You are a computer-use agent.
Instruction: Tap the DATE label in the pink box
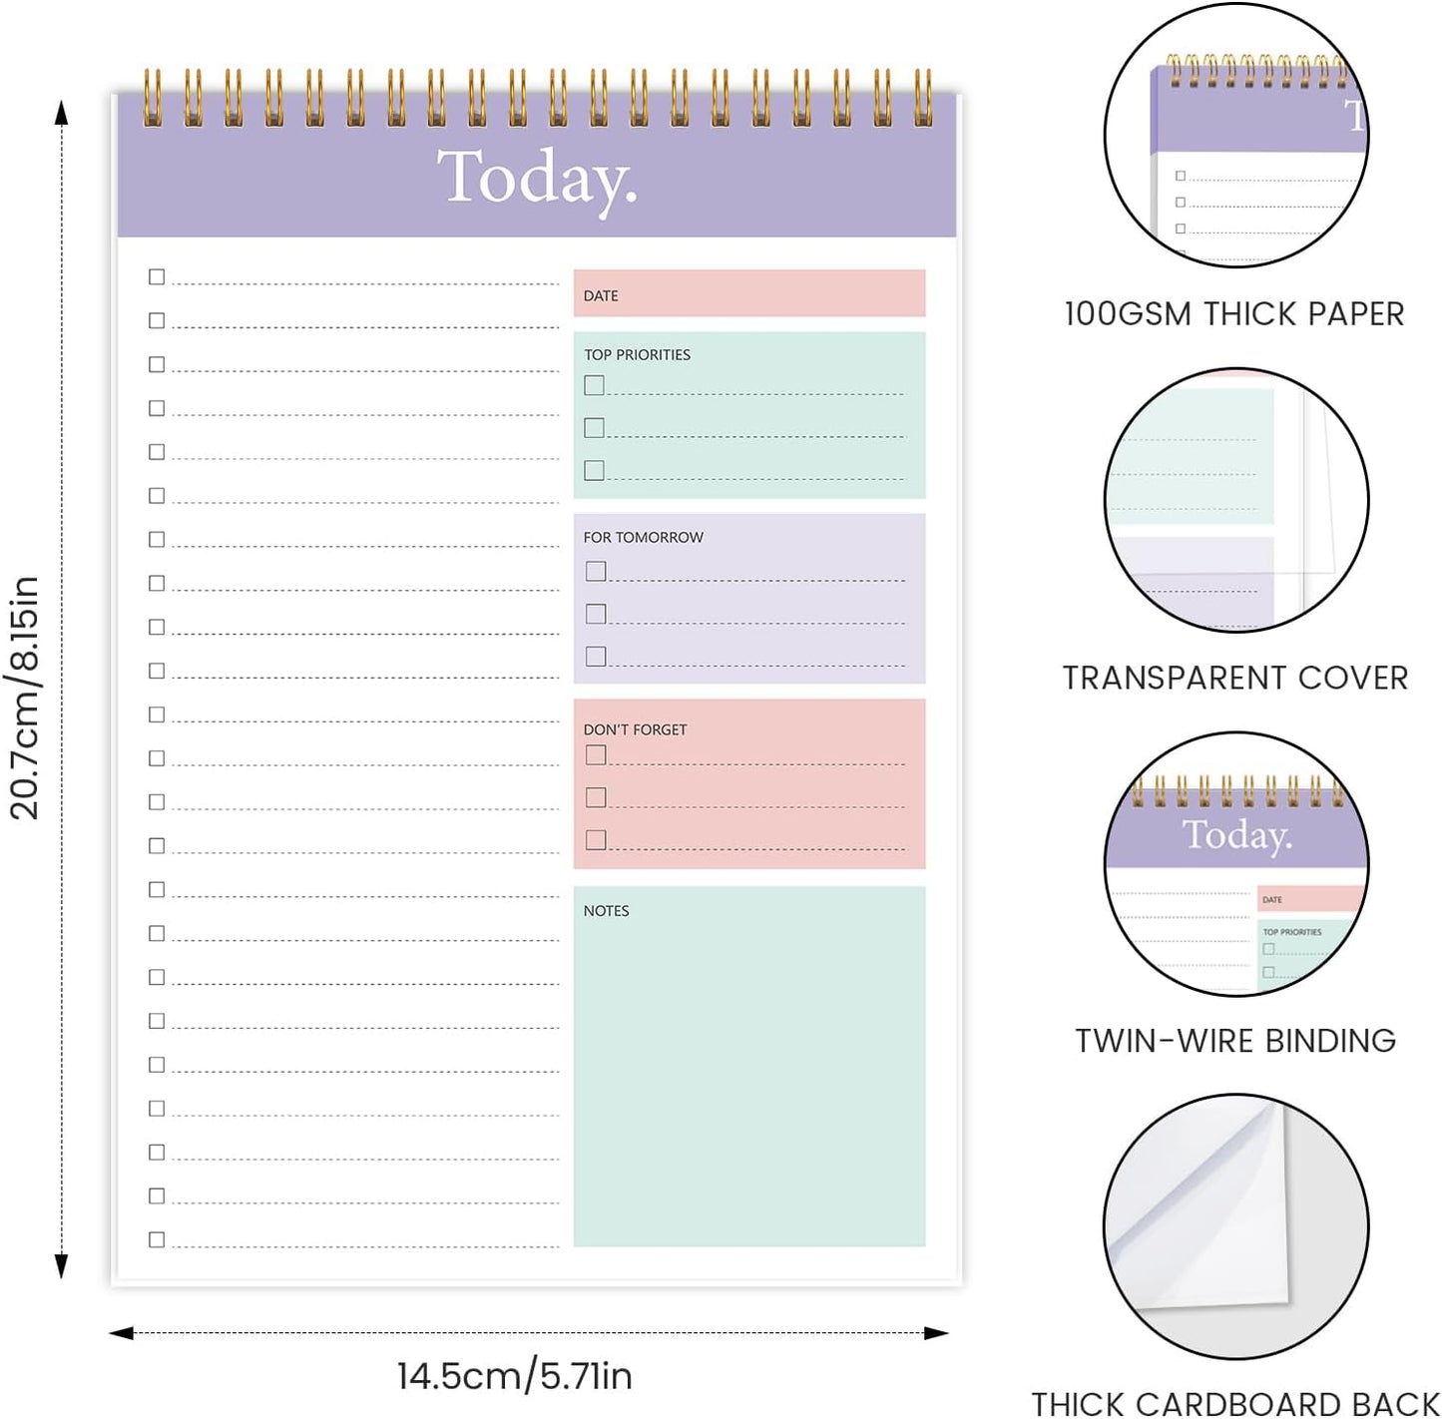pyautogui.click(x=600, y=295)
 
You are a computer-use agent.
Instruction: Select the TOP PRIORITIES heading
pyautogui.click(x=637, y=355)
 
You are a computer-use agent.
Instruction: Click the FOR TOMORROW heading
pyautogui.click(x=643, y=537)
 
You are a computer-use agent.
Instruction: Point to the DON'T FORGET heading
pyautogui.click(x=635, y=729)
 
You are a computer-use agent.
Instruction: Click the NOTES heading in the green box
pyautogui.click(x=606, y=911)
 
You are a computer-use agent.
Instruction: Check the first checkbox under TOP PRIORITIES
pyautogui.click(x=594, y=385)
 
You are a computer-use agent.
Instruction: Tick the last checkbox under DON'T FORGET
pyautogui.click(x=596, y=840)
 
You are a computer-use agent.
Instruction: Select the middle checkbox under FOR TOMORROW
pyautogui.click(x=596, y=614)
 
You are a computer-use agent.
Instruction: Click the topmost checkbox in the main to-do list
pyautogui.click(x=157, y=277)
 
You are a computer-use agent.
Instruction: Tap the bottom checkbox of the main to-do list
pyautogui.click(x=157, y=1240)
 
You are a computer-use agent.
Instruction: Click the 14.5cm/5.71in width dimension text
pyautogui.click(x=515, y=1376)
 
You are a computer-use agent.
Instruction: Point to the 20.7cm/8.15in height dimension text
pyautogui.click(x=24, y=698)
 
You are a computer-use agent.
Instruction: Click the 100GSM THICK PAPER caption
pyautogui.click(x=1234, y=314)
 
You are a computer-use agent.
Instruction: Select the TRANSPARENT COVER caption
pyautogui.click(x=1235, y=679)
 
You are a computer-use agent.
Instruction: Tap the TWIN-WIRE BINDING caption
pyautogui.click(x=1235, y=1041)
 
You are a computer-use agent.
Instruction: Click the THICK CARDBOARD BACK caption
pyautogui.click(x=1235, y=1404)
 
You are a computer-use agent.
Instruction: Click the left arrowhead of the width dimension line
pyautogui.click(x=121, y=1333)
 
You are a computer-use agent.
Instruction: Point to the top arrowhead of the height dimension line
pyautogui.click(x=61, y=112)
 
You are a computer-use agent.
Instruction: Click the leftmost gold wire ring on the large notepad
pyautogui.click(x=152, y=98)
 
